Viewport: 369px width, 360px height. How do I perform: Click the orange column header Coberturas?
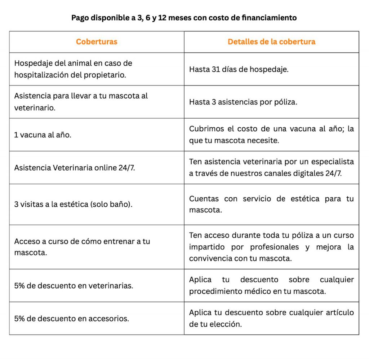click(x=97, y=41)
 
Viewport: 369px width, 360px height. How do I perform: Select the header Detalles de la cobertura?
click(x=271, y=41)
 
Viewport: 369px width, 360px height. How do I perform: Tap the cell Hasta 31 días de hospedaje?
click(x=239, y=69)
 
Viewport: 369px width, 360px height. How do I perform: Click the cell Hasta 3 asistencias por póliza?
click(x=243, y=102)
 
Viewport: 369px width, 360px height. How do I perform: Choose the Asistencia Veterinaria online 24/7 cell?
click(x=75, y=168)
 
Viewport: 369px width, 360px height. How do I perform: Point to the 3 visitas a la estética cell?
click(x=73, y=204)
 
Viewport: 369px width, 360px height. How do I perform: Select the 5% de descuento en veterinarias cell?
click(x=74, y=286)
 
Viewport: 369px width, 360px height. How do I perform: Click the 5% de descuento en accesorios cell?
click(x=72, y=319)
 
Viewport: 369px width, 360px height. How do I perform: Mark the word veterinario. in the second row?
click(x=35, y=108)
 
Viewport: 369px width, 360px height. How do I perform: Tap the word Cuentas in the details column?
click(x=203, y=198)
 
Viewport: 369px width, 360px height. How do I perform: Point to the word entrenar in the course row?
click(x=120, y=241)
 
